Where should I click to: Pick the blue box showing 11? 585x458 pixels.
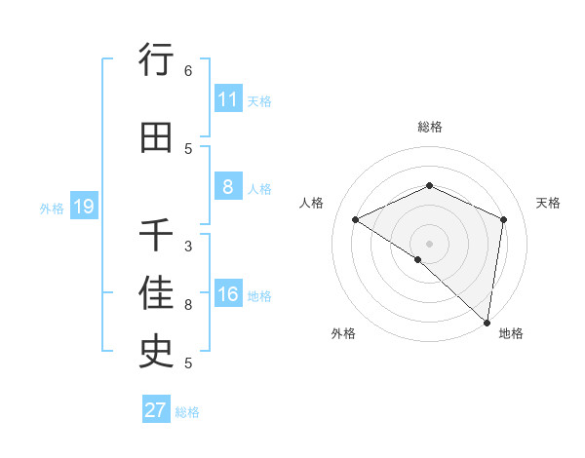(227, 99)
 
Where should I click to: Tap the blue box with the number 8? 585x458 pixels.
(227, 187)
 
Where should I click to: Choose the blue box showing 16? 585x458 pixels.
(227, 294)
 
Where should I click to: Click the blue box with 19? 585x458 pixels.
(83, 207)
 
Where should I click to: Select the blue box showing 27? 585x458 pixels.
(156, 410)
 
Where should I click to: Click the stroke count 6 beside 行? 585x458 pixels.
(188, 71)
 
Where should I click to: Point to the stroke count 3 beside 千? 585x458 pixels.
(188, 246)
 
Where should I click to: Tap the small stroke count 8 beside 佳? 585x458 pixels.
(188, 305)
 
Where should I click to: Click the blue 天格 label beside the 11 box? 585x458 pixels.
(259, 100)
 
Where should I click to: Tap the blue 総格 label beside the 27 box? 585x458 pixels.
(187, 412)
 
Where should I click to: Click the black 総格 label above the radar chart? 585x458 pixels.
(430, 127)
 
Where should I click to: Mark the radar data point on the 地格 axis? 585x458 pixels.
(487, 322)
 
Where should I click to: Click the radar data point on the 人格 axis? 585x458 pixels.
(356, 220)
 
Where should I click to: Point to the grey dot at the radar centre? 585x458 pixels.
(429, 244)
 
